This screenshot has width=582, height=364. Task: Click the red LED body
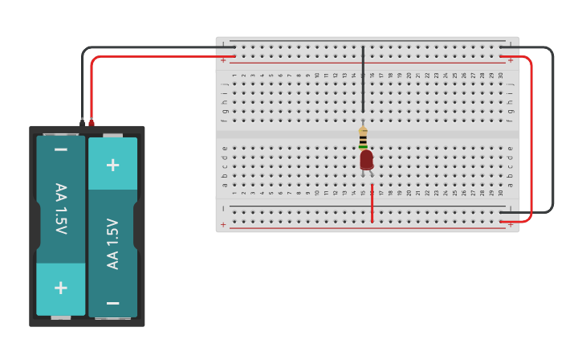pyautogui.click(x=366, y=160)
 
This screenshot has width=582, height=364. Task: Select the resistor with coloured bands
pyautogui.click(x=363, y=139)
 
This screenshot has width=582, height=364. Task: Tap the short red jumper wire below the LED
pyautogui.click(x=372, y=204)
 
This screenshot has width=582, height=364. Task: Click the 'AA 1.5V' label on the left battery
pyautogui.click(x=60, y=209)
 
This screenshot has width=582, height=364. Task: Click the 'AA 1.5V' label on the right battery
pyautogui.click(x=113, y=243)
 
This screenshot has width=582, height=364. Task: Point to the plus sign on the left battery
pyautogui.click(x=60, y=288)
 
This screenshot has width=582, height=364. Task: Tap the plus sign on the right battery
pyautogui.click(x=112, y=165)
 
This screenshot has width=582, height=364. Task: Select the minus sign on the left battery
pyautogui.click(x=60, y=149)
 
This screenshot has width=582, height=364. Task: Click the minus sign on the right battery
pyautogui.click(x=112, y=303)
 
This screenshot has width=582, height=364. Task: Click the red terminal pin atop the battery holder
pyautogui.click(x=91, y=122)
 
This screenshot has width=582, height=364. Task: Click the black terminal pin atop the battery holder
pyautogui.click(x=82, y=122)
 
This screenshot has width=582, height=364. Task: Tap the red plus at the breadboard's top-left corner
pyautogui.click(x=223, y=60)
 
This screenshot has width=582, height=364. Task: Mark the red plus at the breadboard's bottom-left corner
pyautogui.click(x=223, y=225)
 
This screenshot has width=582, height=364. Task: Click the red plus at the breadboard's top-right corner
pyautogui.click(x=511, y=60)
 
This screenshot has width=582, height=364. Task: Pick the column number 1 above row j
pyautogui.click(x=234, y=76)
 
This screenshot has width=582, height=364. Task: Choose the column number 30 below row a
pyautogui.click(x=501, y=193)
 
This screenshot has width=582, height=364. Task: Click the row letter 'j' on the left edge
pyautogui.click(x=226, y=84)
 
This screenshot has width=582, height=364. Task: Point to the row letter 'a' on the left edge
pyautogui.click(x=226, y=185)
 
